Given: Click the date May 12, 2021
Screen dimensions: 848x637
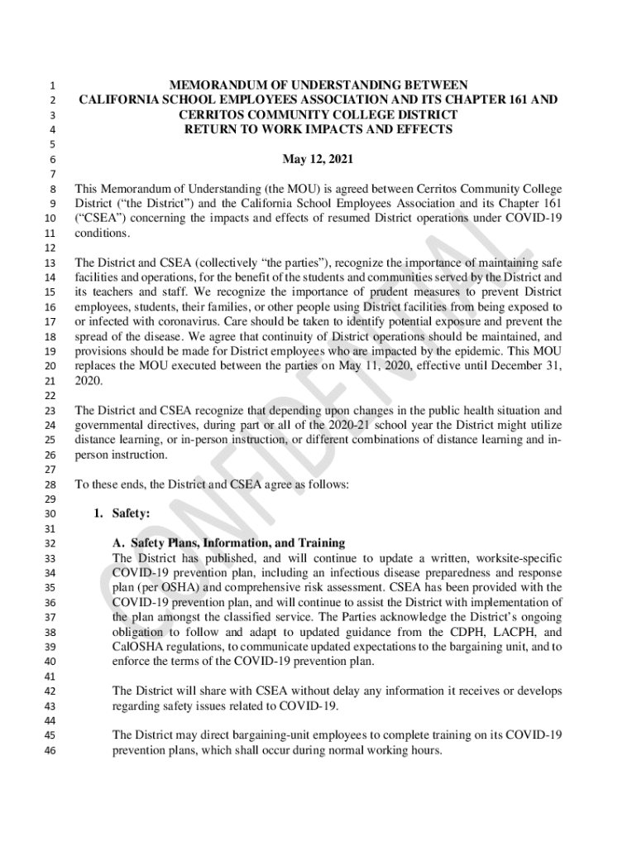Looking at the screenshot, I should tap(318, 159).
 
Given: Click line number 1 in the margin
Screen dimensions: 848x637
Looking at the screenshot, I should tap(51, 85).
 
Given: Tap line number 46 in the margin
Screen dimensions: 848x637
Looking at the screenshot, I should tap(49, 751).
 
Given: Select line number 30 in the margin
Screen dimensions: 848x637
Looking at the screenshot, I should tap(49, 514).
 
